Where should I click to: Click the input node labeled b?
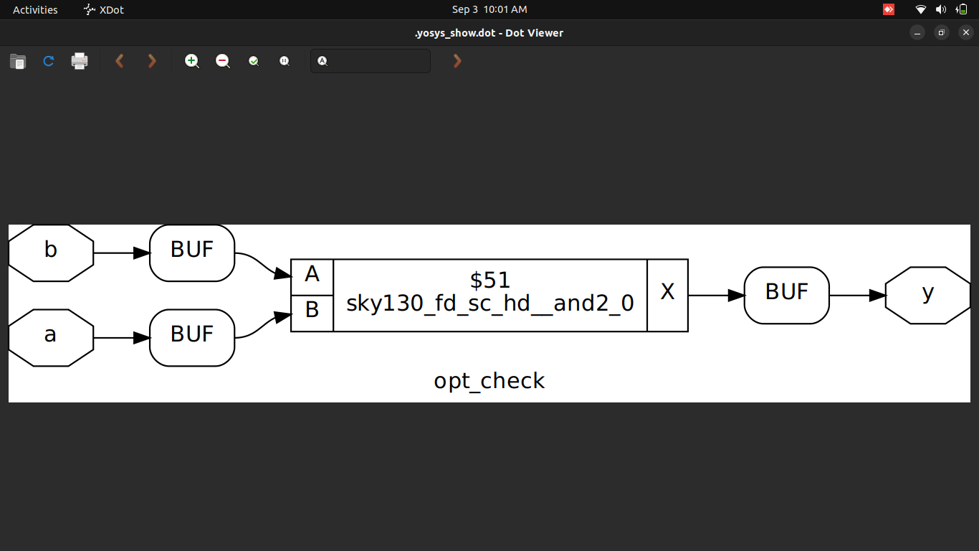(x=50, y=253)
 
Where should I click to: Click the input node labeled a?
(x=50, y=337)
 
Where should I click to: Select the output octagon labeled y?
(x=927, y=295)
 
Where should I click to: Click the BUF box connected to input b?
(x=192, y=253)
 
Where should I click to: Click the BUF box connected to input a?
(x=192, y=337)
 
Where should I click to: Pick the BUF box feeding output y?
(x=786, y=295)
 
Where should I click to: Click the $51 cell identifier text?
(x=490, y=279)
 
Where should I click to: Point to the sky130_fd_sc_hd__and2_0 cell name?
(x=490, y=304)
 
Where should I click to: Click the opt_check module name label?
(x=489, y=381)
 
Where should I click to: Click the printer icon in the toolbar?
(x=80, y=61)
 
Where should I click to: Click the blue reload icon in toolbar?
(x=49, y=61)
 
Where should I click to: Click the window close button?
(x=965, y=32)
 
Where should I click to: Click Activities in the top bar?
(x=35, y=9)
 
